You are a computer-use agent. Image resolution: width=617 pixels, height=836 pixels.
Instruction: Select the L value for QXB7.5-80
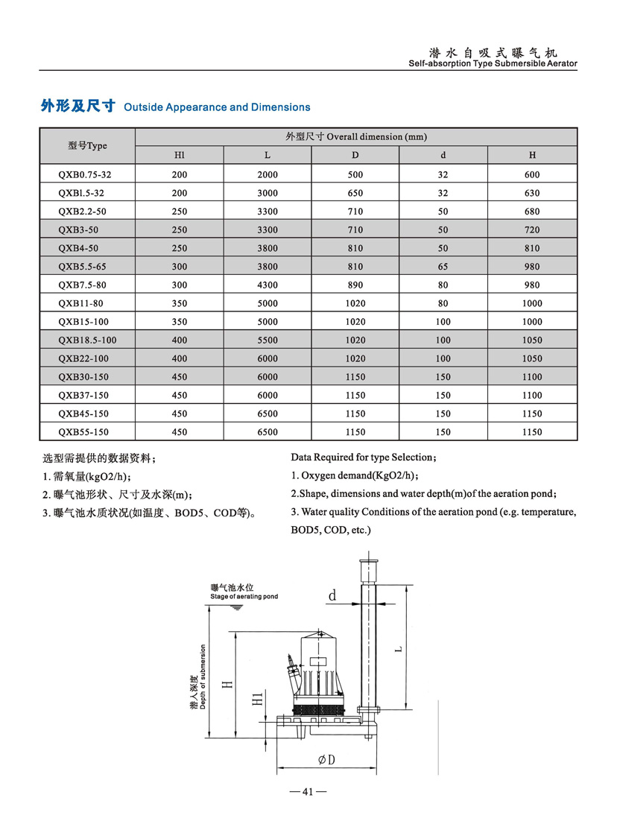coord(268,285)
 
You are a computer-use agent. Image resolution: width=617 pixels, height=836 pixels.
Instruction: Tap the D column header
coord(355,155)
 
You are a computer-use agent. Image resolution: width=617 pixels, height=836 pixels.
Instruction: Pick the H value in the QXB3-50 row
coord(532,229)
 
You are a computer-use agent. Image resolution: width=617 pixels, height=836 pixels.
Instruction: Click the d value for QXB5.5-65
coord(443,266)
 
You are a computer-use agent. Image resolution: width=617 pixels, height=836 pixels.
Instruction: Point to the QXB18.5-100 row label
coord(87,340)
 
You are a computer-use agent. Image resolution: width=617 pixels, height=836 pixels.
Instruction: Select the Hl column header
coord(179,155)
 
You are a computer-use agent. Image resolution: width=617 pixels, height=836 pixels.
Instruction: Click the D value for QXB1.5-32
coord(355,192)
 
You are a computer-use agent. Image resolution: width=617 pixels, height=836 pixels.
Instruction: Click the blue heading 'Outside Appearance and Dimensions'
coord(217,107)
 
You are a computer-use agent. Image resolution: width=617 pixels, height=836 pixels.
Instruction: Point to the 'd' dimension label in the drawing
coord(332,595)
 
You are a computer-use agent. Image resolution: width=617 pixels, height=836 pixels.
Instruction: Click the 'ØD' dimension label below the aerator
coord(326,760)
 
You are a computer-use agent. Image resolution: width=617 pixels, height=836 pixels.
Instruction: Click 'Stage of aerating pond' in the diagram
coord(244,597)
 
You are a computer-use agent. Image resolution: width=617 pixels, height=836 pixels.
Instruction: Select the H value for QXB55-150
coord(532,432)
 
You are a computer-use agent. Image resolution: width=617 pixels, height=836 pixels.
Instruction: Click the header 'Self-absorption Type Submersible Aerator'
coord(493,64)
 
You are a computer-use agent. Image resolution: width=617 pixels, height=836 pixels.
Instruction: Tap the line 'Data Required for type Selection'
coord(363,457)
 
